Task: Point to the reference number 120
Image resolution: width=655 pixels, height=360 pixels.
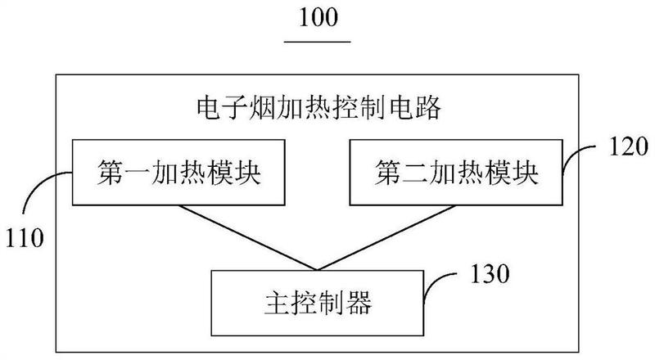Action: click(627, 147)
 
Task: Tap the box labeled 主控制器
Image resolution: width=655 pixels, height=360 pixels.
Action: click(317, 304)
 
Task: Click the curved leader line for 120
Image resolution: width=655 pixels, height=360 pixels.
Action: click(581, 155)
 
